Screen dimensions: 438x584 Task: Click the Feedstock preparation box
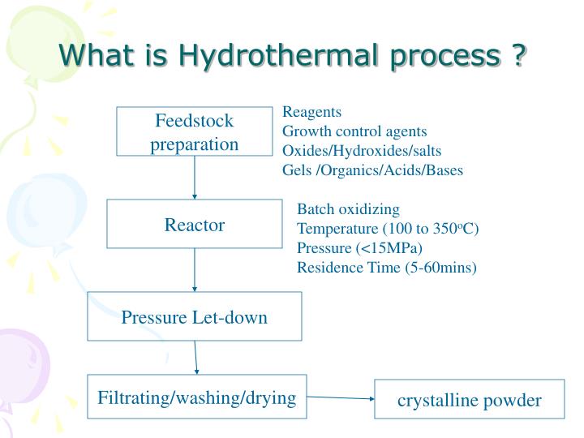[x=195, y=131]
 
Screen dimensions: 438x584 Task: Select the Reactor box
[x=195, y=225]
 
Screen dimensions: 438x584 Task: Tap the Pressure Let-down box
[x=195, y=316]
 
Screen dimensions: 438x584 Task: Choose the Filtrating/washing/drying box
[x=197, y=397]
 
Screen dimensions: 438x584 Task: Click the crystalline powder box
[x=469, y=400]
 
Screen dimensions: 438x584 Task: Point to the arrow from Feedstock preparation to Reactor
[x=195, y=178]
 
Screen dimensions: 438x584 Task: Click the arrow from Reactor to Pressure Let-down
[x=195, y=270]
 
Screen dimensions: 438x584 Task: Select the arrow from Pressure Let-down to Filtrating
[x=195, y=357]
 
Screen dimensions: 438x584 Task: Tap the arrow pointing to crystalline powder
[x=341, y=398]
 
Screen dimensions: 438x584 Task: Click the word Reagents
[x=311, y=113]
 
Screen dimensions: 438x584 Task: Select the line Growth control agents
[x=354, y=131]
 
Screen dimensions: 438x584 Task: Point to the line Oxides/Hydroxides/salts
[x=362, y=151]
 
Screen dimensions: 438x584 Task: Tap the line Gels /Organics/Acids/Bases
[x=372, y=170]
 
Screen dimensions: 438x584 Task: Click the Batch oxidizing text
[x=348, y=209]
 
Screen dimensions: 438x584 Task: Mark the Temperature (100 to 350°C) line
[x=388, y=229]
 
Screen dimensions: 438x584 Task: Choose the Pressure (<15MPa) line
[x=360, y=247]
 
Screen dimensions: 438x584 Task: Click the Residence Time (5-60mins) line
[x=386, y=267]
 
